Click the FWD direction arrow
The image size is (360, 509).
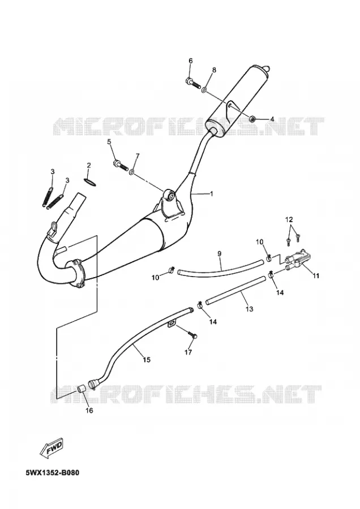pos(52,448)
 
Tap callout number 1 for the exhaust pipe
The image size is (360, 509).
pos(212,194)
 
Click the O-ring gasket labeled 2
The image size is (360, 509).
pos(90,182)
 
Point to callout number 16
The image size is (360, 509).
pos(89,411)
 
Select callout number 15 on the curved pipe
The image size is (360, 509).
pos(147,359)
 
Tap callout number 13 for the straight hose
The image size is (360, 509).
pos(249,309)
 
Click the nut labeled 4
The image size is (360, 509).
pos(252,119)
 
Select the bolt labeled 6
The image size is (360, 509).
pos(194,83)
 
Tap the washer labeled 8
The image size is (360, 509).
pos(205,89)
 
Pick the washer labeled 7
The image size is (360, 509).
pos(132,171)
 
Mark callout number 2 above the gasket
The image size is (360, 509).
pos(89,165)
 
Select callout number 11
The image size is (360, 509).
pos(316,276)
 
